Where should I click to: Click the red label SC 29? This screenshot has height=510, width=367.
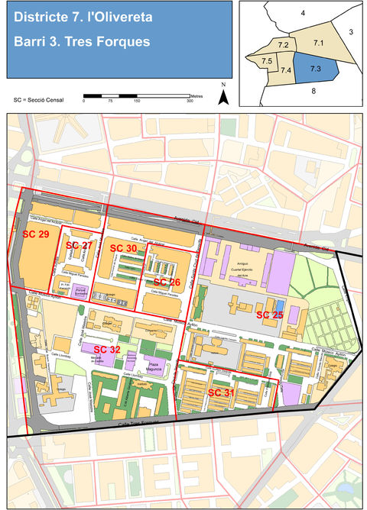coord(35,233)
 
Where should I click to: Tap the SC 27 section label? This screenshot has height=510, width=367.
coord(80,244)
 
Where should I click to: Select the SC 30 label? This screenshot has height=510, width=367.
coord(123,248)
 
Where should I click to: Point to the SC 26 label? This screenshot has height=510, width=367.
coord(167,282)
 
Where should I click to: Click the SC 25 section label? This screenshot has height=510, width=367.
coord(269,314)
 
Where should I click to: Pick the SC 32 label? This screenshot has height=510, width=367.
coord(107,349)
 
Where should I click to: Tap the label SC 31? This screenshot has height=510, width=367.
coord(221,392)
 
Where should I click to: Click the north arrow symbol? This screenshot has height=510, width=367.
coord(224,95)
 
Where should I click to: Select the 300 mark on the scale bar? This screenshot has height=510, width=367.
coord(190,101)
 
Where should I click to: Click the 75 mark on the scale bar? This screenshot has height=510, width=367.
coord(110,101)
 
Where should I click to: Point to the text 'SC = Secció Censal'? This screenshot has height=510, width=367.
coord(38,100)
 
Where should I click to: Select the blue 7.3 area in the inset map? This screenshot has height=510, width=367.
coord(314,69)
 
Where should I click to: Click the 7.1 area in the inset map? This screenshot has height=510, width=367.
coord(320,43)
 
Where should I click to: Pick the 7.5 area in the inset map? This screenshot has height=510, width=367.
coord(267,60)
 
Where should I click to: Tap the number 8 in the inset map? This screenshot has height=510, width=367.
coord(313,91)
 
